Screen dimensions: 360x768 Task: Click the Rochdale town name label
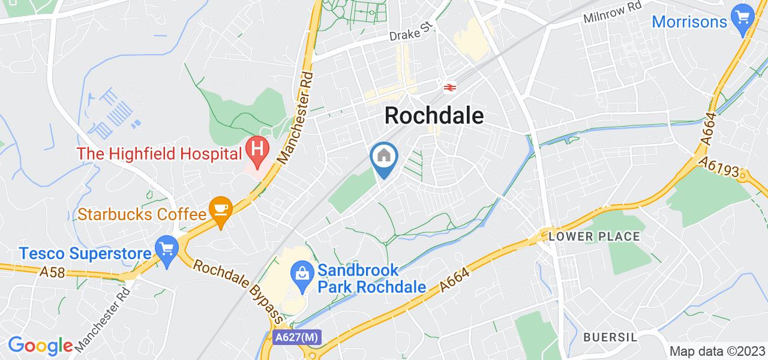click(434, 115)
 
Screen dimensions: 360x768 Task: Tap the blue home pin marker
click(383, 158)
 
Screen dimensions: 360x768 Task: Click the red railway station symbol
click(448, 88)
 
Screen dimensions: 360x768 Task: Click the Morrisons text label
click(689, 22)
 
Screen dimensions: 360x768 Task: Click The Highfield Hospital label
click(158, 154)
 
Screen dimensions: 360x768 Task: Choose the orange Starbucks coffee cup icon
click(221, 210)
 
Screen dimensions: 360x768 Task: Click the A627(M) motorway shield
click(296, 338)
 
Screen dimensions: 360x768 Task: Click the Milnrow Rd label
click(612, 13)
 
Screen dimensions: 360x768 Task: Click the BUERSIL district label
click(610, 337)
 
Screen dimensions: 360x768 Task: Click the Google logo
click(40, 346)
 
